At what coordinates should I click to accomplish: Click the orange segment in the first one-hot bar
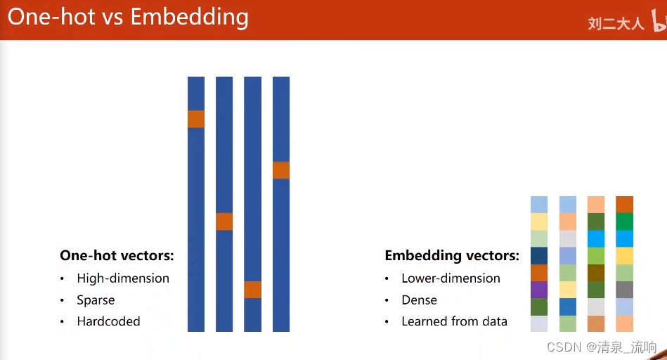pyautogui.click(x=196, y=119)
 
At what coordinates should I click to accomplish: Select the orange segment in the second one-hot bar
pyautogui.click(x=224, y=221)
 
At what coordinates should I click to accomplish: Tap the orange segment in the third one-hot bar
pyautogui.click(x=253, y=290)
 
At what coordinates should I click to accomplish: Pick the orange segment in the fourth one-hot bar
pyautogui.click(x=281, y=170)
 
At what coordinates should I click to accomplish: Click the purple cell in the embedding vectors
pyautogui.click(x=539, y=290)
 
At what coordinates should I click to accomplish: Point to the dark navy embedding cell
pyautogui.click(x=539, y=256)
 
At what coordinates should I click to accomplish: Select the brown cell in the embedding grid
pyautogui.click(x=596, y=273)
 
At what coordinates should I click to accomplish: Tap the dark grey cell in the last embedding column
pyautogui.click(x=624, y=290)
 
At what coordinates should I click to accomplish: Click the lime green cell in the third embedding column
pyautogui.click(x=596, y=256)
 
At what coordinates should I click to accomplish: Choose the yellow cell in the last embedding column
pyautogui.click(x=624, y=256)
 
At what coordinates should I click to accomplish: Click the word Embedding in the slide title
pyautogui.click(x=189, y=18)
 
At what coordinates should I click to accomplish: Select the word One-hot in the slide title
pyautogui.click(x=51, y=17)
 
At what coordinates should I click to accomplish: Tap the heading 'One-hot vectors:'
pyautogui.click(x=117, y=255)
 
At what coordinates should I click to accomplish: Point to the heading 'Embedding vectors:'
pyautogui.click(x=452, y=256)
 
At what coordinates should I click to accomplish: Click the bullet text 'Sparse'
pyautogui.click(x=96, y=300)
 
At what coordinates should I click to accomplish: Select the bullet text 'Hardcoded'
pyautogui.click(x=108, y=321)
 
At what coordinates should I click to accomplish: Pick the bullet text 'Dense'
pyautogui.click(x=420, y=300)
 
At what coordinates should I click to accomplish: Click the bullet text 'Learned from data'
pyautogui.click(x=454, y=321)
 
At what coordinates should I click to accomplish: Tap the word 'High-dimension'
pyautogui.click(x=123, y=278)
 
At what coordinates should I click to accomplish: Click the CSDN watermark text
pyautogui.click(x=602, y=347)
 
